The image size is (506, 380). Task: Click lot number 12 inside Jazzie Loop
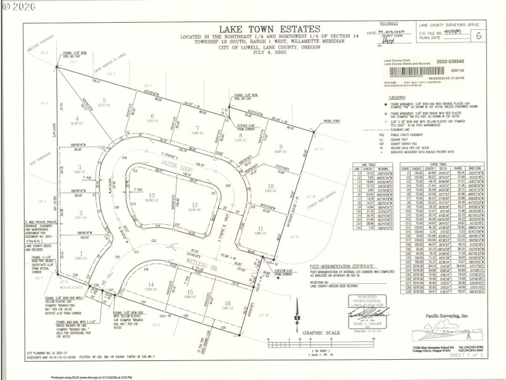pyautogui.click(x=196, y=204)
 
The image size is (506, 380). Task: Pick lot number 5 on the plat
pyautogui.click(x=103, y=100)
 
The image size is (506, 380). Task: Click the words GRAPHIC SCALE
pyautogui.click(x=321, y=331)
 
